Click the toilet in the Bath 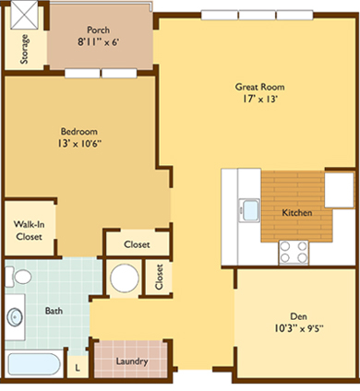pyautogui.click(x=18, y=277)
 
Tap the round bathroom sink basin pyautogui.click(x=15, y=317)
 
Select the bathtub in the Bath pyautogui.click(x=34, y=364)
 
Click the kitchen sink pyautogui.click(x=249, y=210)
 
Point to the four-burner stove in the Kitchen pyautogui.click(x=294, y=252)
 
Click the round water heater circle pyautogui.click(x=125, y=278)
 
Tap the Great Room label pyautogui.click(x=259, y=87)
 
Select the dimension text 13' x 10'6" pyautogui.click(x=79, y=143)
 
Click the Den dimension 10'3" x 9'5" pyautogui.click(x=299, y=328)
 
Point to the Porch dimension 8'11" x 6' pyautogui.click(x=98, y=41)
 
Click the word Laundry pyautogui.click(x=132, y=361)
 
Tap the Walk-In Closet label pyautogui.click(x=29, y=231)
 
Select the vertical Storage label pyautogui.click(x=24, y=49)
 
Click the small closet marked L pyautogui.click(x=78, y=367)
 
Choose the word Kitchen pyautogui.click(x=297, y=212)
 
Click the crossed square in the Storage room pyautogui.click(x=25, y=15)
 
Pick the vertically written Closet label pyautogui.click(x=159, y=277)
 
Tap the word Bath pyautogui.click(x=54, y=311)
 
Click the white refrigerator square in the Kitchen pyautogui.click(x=339, y=190)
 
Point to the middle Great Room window pyautogui.click(x=257, y=15)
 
